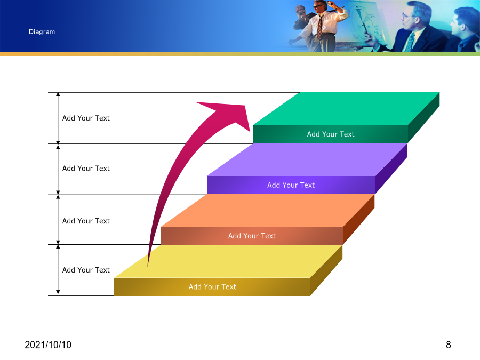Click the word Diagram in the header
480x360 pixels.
[x=42, y=32]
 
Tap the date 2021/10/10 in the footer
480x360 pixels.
[x=48, y=345]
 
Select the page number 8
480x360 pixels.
[x=449, y=345]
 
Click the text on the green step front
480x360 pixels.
[x=331, y=134]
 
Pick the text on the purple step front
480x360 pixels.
[x=291, y=185]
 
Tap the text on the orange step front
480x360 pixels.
[x=252, y=236]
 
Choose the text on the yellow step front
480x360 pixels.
[x=212, y=287]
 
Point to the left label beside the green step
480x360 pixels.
[x=86, y=118]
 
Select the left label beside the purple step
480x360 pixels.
[x=86, y=169]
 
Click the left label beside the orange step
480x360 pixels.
[x=86, y=221]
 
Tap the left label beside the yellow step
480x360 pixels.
[x=86, y=270]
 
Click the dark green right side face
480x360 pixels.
[x=423, y=117]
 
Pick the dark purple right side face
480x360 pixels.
[x=391, y=169]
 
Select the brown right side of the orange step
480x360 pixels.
[x=359, y=220]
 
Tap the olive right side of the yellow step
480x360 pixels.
[x=326, y=270]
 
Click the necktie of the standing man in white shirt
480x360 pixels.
[x=320, y=27]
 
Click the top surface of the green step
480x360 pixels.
[x=347, y=108]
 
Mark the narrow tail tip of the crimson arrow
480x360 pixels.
[x=148, y=266]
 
